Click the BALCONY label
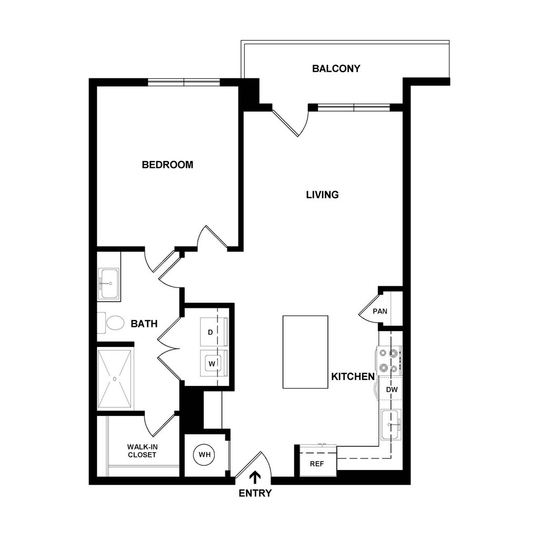pyautogui.click(x=336, y=68)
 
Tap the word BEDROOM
pyautogui.click(x=167, y=165)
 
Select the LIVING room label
pyautogui.click(x=322, y=195)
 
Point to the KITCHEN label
pyautogui.click(x=353, y=377)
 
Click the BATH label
pyautogui.click(x=144, y=324)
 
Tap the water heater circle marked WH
pyautogui.click(x=204, y=455)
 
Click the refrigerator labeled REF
pyautogui.click(x=316, y=464)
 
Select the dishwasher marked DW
pyautogui.click(x=391, y=390)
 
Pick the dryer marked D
pyautogui.click(x=211, y=332)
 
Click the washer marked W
pyautogui.click(x=212, y=363)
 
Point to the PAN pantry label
pyautogui.click(x=380, y=311)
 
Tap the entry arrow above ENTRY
pyautogui.click(x=255, y=477)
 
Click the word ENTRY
pyautogui.click(x=255, y=493)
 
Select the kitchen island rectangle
pyautogui.click(x=305, y=352)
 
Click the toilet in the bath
pyautogui.click(x=113, y=323)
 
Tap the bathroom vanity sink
pyautogui.click(x=109, y=284)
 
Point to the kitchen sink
pyautogui.click(x=391, y=424)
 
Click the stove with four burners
pyautogui.click(x=388, y=361)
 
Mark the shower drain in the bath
pyautogui.click(x=115, y=378)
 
